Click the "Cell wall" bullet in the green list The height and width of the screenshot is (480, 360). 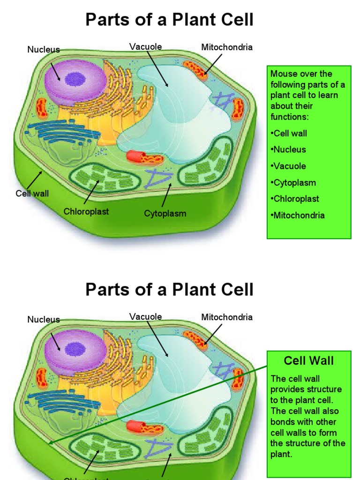[x=289, y=134]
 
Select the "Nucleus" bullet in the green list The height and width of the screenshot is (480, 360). [x=289, y=150]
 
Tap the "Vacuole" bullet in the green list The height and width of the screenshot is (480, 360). [x=289, y=166]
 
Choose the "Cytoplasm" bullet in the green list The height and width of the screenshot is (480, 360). [x=293, y=183]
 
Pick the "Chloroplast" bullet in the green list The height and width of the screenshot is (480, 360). [x=295, y=199]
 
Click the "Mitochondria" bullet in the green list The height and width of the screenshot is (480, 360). [x=298, y=216]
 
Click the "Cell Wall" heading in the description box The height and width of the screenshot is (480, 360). [x=309, y=360]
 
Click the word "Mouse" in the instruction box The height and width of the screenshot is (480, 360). [x=282, y=74]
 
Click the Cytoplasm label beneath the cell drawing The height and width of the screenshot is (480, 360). [x=165, y=214]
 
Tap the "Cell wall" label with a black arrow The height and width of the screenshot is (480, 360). [x=32, y=193]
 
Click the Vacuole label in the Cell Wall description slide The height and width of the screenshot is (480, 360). [x=146, y=316]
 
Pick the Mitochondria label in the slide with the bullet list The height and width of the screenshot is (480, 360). [x=227, y=47]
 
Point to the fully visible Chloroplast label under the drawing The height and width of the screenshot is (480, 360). [x=86, y=212]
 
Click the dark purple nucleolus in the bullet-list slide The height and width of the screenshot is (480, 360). [x=73, y=79]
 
